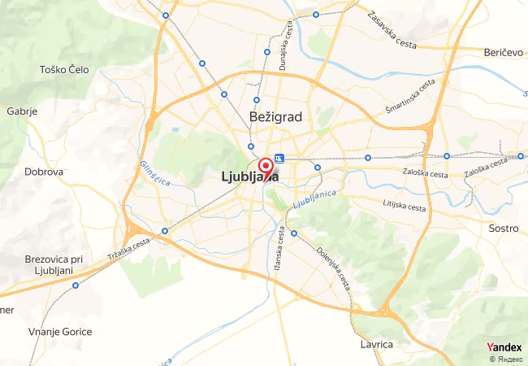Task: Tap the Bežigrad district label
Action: (x=277, y=117)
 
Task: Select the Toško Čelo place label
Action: (x=63, y=69)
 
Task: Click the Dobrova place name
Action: (x=44, y=172)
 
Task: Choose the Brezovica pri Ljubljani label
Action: (x=50, y=264)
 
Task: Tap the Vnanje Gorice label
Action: (x=60, y=332)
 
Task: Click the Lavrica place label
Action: (x=376, y=345)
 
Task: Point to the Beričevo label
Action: (x=503, y=52)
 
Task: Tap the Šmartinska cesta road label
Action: (x=411, y=97)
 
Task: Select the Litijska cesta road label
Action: (x=404, y=203)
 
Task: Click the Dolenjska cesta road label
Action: (x=333, y=269)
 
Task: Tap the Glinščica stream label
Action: (x=154, y=172)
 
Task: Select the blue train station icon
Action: (x=279, y=158)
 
